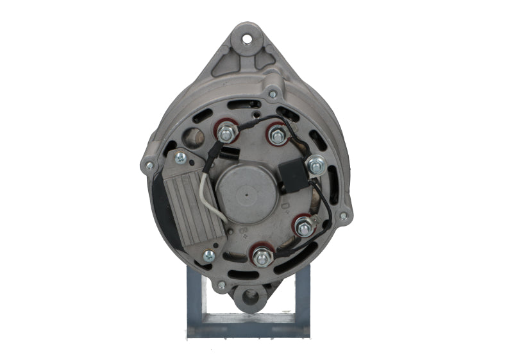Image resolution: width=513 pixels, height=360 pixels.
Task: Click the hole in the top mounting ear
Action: (247, 38)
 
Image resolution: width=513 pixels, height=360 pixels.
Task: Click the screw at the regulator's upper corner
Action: (180, 156)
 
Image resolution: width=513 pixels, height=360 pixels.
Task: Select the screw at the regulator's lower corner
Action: (208, 255)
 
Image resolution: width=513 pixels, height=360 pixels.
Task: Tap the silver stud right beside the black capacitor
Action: (315, 166)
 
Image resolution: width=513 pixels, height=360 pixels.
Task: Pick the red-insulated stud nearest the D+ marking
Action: (303, 226)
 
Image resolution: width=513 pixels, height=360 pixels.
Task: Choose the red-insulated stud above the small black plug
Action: (226, 133)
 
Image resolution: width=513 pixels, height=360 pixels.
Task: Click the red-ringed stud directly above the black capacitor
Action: (277, 135)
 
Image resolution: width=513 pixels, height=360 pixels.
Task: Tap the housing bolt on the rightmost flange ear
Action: (344, 216)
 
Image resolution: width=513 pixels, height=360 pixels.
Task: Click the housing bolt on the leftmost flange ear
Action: (149, 166)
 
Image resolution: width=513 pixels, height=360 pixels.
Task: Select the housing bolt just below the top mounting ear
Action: (273, 94)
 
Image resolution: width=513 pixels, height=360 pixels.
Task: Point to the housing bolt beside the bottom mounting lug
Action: (222, 284)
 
